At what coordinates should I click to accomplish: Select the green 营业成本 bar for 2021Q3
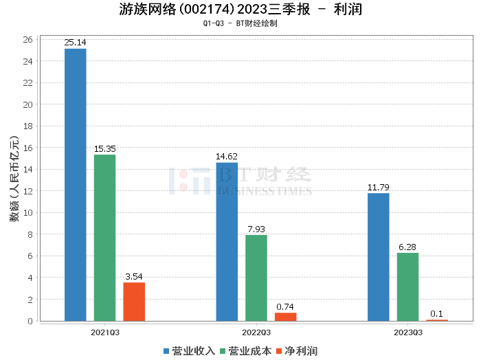coord(105,238)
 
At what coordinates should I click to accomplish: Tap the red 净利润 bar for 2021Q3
coord(134,302)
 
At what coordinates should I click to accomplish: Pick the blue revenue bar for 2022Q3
coord(227,241)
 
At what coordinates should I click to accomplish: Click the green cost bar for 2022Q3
coord(256,278)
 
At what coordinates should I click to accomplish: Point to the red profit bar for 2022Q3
coord(285,317)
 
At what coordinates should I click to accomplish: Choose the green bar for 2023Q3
coord(407,286)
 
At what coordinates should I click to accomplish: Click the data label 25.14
coord(76,43)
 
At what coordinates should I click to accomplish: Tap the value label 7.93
coord(256,229)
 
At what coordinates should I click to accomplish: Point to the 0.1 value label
coord(436,314)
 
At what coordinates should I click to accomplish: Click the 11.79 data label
coord(379,187)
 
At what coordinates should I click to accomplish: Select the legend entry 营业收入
coord(189,351)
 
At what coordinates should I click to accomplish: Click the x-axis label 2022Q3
coord(256,333)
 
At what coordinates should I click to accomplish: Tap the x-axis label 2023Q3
coord(407,333)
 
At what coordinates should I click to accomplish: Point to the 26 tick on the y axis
coord(28,40)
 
